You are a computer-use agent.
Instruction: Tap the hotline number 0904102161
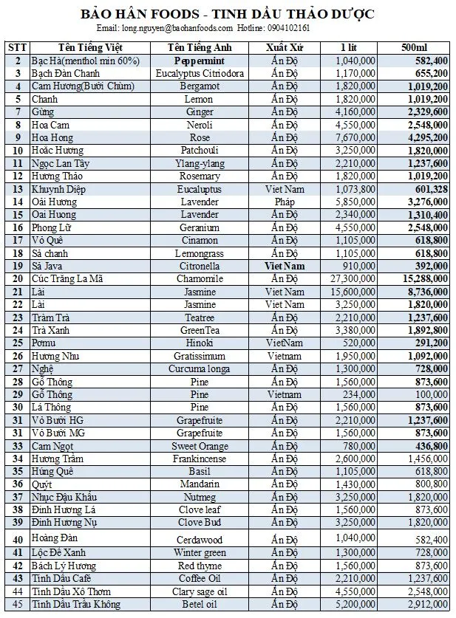[x=284, y=28]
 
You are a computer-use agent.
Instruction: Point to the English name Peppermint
[x=199, y=61]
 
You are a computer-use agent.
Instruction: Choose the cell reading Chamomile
[x=200, y=278]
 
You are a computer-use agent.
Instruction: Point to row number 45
[x=17, y=605]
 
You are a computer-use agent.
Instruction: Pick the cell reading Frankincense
[x=200, y=459]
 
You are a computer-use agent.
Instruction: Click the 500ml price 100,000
[x=429, y=395]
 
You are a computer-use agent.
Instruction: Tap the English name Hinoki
[x=200, y=343]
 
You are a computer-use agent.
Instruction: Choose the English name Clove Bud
[x=200, y=522]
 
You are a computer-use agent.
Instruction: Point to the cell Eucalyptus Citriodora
[x=200, y=73]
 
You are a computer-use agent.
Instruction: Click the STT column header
[x=17, y=47]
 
